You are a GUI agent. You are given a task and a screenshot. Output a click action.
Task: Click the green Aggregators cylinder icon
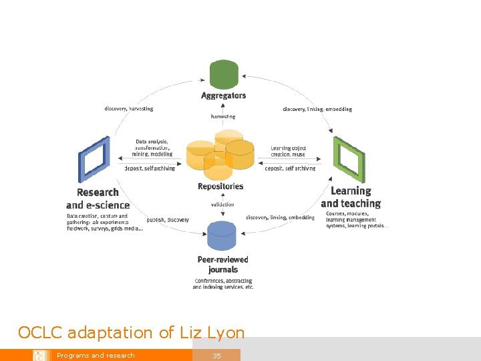(224, 74)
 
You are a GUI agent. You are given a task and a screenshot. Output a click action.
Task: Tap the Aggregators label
(224, 96)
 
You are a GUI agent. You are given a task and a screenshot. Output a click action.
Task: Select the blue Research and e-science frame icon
(94, 159)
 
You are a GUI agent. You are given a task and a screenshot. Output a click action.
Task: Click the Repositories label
(220, 187)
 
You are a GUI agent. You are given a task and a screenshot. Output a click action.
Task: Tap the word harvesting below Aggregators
(223, 116)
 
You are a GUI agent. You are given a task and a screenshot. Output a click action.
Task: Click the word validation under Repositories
(222, 205)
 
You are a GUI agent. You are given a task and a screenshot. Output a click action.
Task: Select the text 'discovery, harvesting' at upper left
(129, 108)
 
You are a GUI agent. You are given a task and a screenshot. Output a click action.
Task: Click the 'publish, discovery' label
(168, 219)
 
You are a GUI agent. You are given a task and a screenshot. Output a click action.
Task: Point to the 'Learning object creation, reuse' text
(289, 151)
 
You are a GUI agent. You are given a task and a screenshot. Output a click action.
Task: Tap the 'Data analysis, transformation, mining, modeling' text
(154, 148)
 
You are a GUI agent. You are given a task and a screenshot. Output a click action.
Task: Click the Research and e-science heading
(98, 199)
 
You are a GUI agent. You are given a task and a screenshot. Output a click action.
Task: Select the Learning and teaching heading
(351, 197)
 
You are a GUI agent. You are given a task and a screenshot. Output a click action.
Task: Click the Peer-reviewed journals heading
(223, 264)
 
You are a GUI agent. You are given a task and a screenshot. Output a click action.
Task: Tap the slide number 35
(216, 356)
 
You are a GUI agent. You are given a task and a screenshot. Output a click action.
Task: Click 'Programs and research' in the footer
(96, 356)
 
